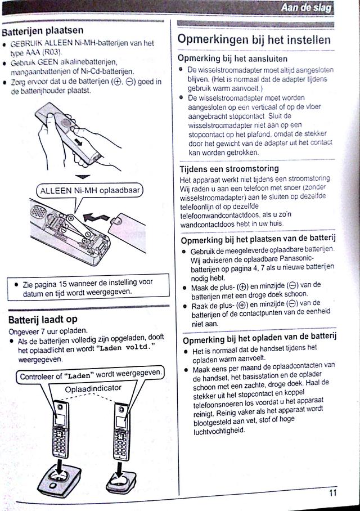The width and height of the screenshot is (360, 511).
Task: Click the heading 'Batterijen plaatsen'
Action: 43,30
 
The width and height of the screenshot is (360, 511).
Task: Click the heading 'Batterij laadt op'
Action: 43,319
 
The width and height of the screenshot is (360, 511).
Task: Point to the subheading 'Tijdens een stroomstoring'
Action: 229,168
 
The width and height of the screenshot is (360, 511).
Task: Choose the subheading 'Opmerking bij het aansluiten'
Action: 232,59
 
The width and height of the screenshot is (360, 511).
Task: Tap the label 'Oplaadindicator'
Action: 93,389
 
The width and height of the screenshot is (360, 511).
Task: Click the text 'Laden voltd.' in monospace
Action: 127,348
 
